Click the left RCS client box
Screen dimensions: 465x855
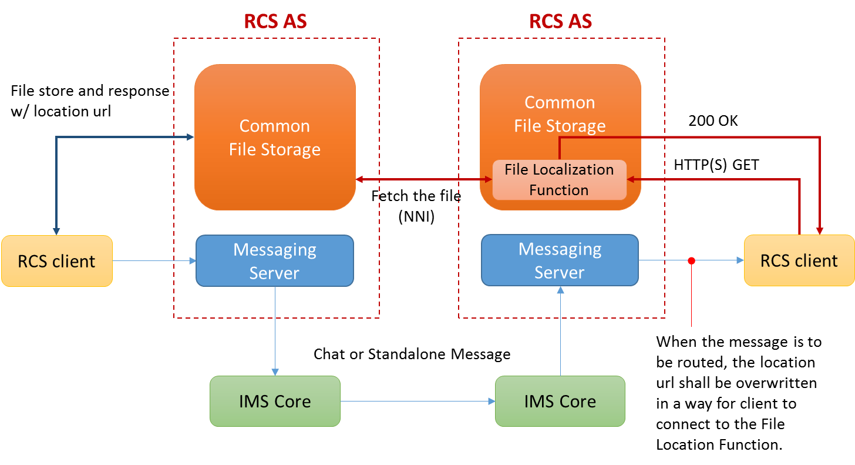click(x=56, y=261)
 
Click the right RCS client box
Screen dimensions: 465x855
click(x=799, y=260)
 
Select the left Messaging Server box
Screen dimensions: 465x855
click(x=274, y=261)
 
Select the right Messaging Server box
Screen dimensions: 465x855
click(x=560, y=260)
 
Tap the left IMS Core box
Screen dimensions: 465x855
click(x=275, y=402)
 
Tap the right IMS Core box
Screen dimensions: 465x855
click(x=560, y=402)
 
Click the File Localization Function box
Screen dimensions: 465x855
click(x=559, y=180)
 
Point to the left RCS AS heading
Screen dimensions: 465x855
click(x=275, y=21)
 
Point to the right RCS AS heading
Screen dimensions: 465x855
click(x=560, y=21)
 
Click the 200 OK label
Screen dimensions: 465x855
click(x=713, y=121)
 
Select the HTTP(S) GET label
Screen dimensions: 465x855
click(x=716, y=165)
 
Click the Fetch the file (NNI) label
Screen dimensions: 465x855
click(x=416, y=206)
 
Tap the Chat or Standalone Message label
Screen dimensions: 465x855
click(x=412, y=354)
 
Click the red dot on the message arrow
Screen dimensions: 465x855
click(x=691, y=260)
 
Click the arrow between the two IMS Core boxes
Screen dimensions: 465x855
click(x=417, y=402)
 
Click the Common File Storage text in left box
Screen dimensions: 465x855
click(x=274, y=138)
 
